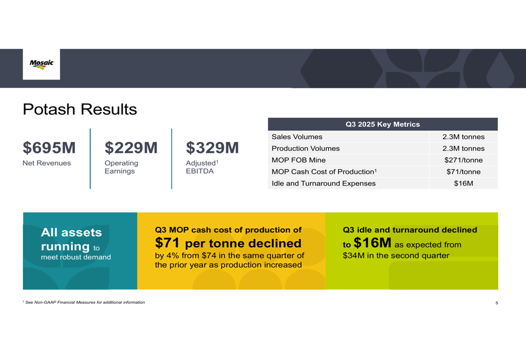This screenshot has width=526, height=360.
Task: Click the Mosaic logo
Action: point(42,64)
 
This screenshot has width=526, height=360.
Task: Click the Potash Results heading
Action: point(79,109)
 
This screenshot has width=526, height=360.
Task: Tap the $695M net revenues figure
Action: point(49,148)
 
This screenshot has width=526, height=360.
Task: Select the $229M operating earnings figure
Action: point(131,148)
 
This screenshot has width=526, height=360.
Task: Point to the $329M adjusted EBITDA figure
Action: point(213,148)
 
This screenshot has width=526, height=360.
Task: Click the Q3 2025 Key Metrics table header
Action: point(382,125)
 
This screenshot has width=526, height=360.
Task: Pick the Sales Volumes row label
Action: point(297,137)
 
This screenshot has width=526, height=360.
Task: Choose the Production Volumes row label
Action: point(305,148)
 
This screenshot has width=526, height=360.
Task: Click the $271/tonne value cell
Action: point(463,160)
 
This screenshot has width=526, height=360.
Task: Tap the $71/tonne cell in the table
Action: point(463,172)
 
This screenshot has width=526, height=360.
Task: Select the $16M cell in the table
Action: point(463,183)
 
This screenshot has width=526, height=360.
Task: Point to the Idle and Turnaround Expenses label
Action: point(323,183)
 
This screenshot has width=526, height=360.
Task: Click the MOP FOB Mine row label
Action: point(298,160)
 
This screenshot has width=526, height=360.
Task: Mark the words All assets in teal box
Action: point(72,232)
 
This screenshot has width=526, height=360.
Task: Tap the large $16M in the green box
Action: point(372,243)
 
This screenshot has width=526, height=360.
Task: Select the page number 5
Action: point(497,303)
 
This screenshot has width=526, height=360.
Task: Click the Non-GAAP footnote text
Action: point(85,302)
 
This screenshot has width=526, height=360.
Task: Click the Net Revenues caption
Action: point(47,163)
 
